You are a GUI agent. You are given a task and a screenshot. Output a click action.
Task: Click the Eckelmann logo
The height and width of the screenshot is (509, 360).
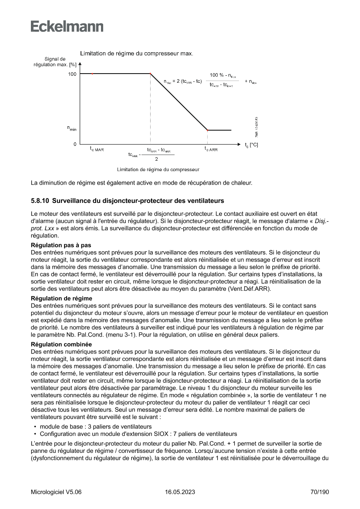click(x=67, y=27)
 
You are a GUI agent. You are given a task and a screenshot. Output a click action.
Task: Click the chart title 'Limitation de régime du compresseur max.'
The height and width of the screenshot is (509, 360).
click(x=137, y=54)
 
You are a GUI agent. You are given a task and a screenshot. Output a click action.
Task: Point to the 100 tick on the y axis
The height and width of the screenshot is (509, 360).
click(x=72, y=74)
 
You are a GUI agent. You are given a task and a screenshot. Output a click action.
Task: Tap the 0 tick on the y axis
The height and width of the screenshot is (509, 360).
click(x=74, y=144)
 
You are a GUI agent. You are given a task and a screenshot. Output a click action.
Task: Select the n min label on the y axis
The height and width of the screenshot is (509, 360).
click(x=71, y=128)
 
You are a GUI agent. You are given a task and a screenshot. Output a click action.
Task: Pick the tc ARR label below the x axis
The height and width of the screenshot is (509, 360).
click(x=211, y=149)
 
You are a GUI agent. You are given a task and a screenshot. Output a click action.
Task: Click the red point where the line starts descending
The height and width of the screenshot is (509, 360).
click(x=151, y=74)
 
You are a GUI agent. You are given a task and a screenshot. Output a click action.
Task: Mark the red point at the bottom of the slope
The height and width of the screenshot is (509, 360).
click(x=207, y=130)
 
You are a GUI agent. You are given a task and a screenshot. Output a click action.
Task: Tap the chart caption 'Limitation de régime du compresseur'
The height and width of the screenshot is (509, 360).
click(x=158, y=169)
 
